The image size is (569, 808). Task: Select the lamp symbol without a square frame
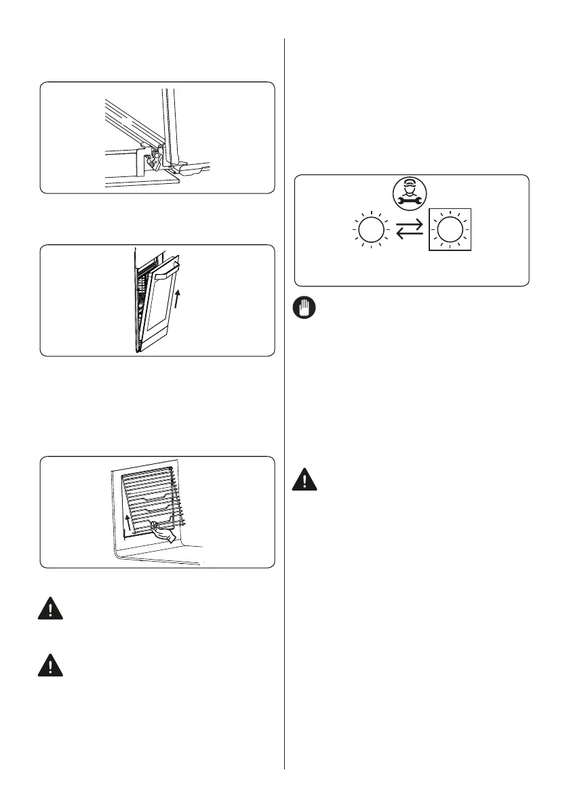370,231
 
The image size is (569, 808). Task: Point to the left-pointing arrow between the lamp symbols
410,236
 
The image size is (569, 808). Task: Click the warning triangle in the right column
305,481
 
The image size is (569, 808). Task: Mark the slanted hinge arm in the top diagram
129,121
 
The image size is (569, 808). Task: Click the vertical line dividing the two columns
284,407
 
